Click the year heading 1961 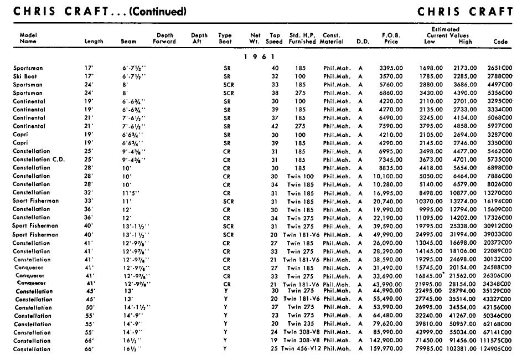coord(260,56)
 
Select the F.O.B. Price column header coord(391,38)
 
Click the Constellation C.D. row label coord(39,160)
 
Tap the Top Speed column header coord(274,38)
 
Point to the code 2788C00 coord(500,76)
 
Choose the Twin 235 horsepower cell coord(302,325)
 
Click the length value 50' coord(89,308)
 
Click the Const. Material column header coord(332,38)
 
